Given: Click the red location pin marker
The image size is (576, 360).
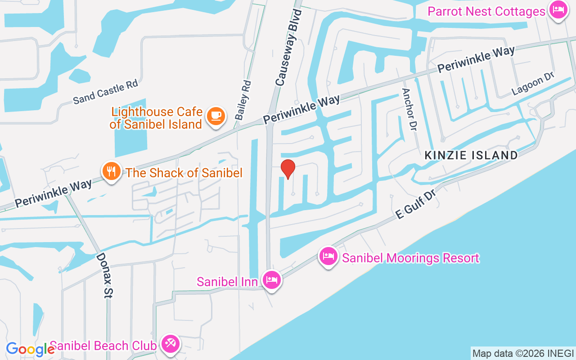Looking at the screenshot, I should (288, 169).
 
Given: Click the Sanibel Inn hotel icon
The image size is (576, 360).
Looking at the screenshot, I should (272, 280).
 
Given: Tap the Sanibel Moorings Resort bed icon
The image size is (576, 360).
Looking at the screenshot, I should (328, 256).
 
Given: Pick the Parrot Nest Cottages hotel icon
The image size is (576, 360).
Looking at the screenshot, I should (558, 10).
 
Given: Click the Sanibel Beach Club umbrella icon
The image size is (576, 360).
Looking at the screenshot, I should (171, 345).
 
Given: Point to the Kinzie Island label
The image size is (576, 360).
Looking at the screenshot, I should (471, 155).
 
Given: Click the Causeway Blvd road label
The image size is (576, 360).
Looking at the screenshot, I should (288, 47).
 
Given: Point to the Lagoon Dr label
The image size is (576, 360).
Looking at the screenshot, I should (533, 84).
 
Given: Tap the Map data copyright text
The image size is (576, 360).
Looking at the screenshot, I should (523, 354).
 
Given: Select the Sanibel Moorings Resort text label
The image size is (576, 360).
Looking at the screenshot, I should (410, 258).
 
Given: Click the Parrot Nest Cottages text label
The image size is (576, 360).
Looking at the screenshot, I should (486, 11).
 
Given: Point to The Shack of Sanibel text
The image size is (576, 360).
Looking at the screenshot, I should (184, 172).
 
